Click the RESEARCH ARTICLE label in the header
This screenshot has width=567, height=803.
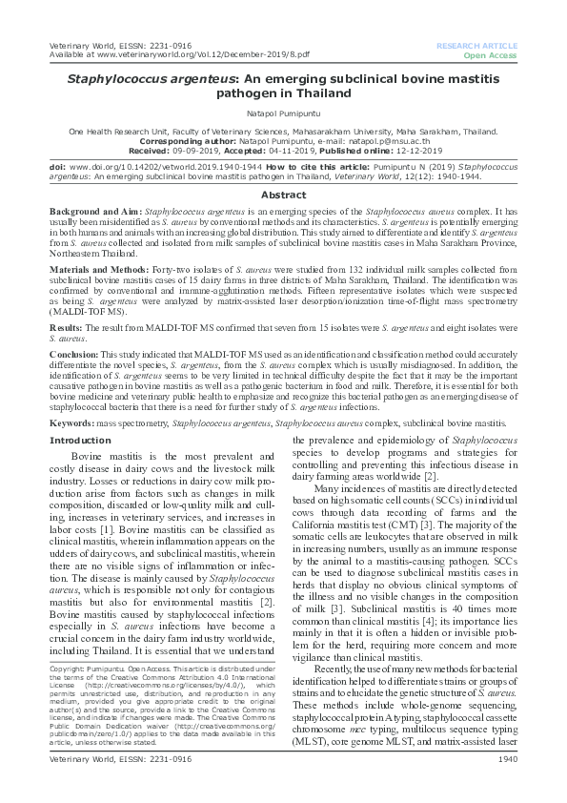[x=477, y=46]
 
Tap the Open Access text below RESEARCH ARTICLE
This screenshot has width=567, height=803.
[x=491, y=56]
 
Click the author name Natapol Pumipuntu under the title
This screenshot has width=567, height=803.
[x=283, y=113]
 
